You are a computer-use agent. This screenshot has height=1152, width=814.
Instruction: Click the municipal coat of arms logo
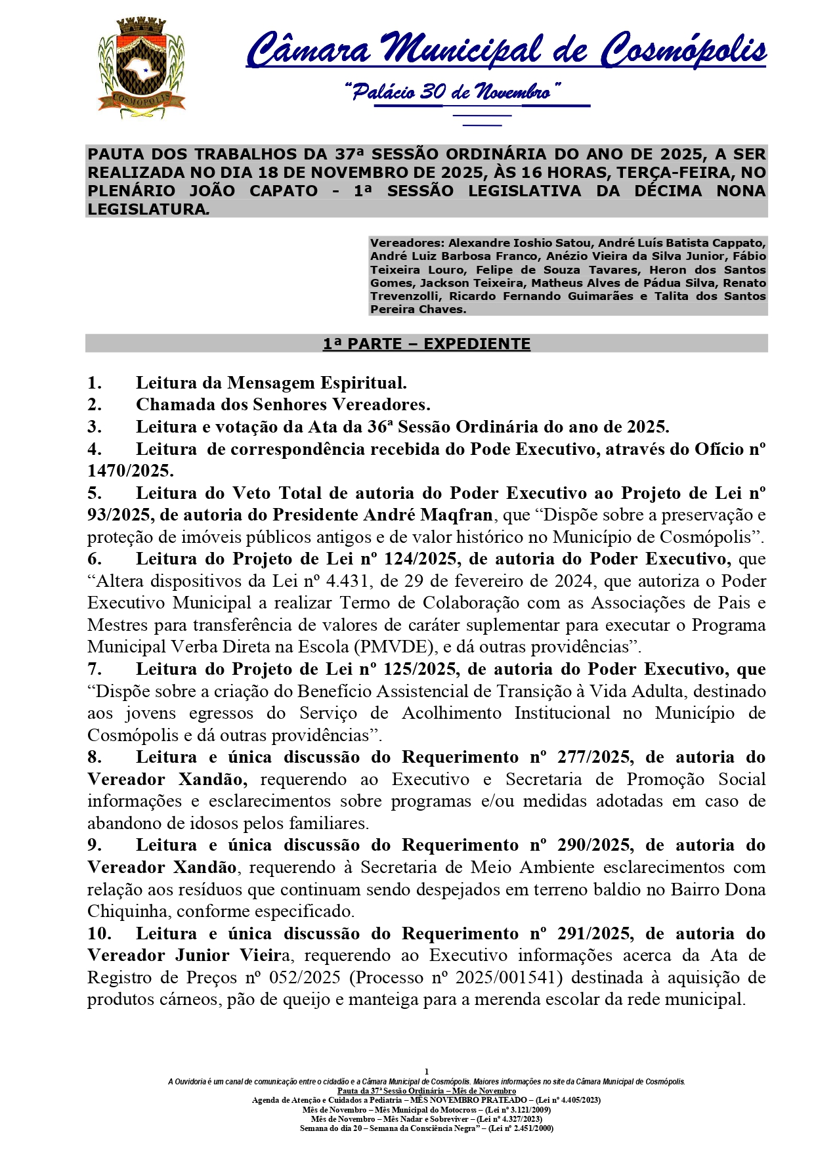(141, 68)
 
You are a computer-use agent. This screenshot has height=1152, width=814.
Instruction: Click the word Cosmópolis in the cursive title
(684, 51)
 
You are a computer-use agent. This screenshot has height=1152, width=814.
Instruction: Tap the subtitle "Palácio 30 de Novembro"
(452, 91)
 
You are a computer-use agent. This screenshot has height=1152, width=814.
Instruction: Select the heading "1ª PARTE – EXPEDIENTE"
(427, 344)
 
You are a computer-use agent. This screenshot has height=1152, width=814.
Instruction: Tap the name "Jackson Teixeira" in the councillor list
(472, 283)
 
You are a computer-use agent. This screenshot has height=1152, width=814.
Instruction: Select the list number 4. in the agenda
(95, 449)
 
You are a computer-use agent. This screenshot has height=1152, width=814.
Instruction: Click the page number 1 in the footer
(427, 1072)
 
